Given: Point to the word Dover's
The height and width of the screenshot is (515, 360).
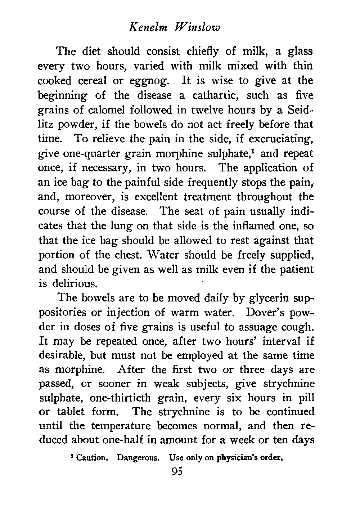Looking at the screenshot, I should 267,313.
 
